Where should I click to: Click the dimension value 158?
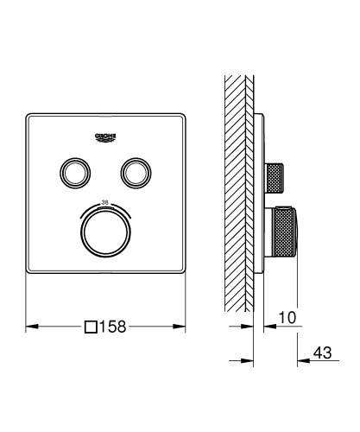tap(117, 328)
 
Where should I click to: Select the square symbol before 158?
tap(91, 328)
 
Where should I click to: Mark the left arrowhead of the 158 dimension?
tap(30, 328)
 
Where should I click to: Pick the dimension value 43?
tap(323, 353)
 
